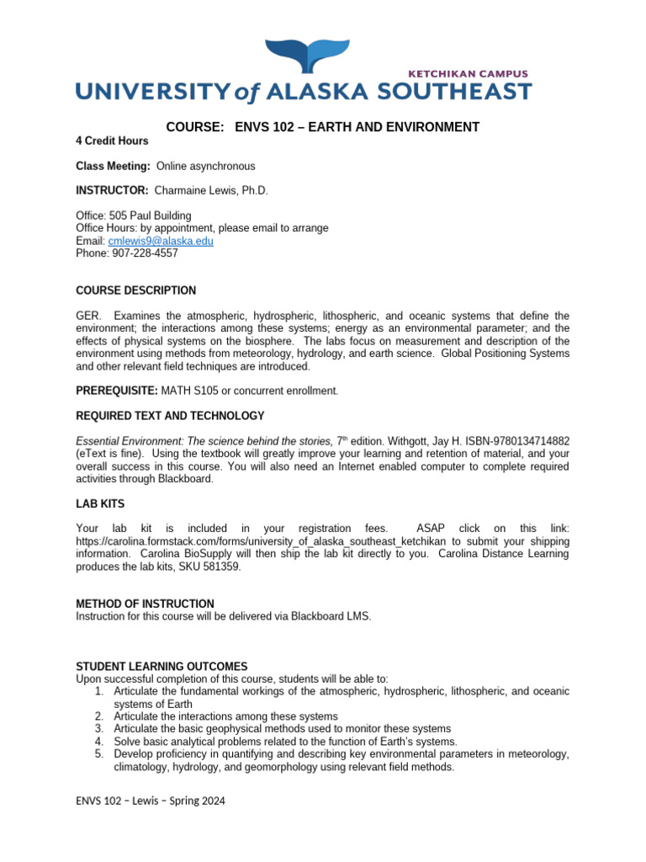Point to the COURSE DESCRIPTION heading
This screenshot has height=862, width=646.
135,290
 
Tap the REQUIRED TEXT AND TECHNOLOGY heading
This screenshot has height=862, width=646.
170,416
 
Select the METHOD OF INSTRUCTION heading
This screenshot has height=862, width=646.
145,604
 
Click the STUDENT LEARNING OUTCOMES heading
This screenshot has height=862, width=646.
161,666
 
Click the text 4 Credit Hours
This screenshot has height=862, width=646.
112,141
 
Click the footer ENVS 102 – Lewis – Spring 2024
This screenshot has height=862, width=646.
151,801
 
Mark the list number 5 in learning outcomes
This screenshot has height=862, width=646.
98,754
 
